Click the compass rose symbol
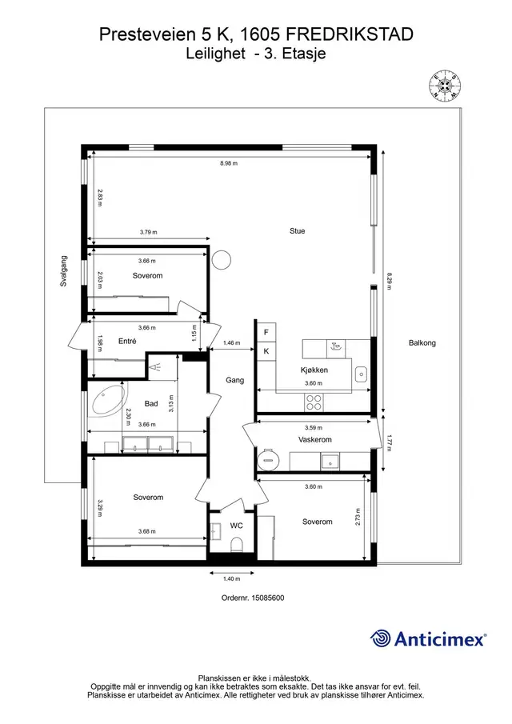446,85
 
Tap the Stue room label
298,231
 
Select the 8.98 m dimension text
229,163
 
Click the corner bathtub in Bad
109,400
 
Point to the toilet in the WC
236,544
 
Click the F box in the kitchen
266,333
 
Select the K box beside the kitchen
266,351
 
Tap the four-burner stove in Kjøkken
314,402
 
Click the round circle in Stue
221,259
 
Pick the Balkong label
422,343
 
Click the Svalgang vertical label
64,271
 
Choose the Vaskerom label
315,439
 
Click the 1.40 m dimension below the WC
232,579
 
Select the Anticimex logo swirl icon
381,638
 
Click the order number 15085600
268,598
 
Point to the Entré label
127,342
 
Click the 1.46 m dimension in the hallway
232,343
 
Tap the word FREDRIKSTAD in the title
350,34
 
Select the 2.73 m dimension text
358,517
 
